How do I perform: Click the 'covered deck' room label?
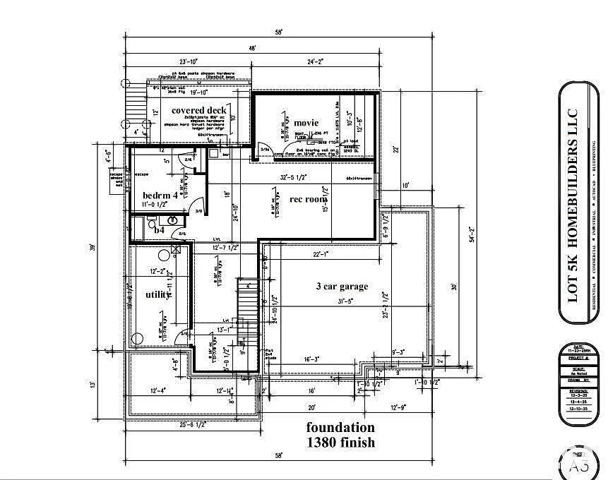click(198, 110)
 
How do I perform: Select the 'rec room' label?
click(309, 199)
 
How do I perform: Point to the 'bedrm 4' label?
click(160, 194)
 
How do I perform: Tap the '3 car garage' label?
click(342, 286)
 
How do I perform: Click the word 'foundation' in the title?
click(340, 428)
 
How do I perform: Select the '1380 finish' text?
click(340, 443)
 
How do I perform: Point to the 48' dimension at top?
click(252, 48)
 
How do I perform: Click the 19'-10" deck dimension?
click(198, 91)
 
